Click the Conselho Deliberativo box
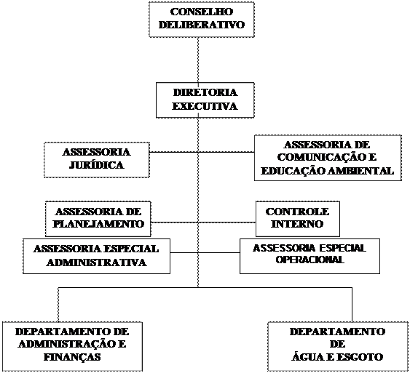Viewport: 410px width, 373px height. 202,20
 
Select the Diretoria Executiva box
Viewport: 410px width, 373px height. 205,100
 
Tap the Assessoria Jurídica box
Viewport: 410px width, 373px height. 97,160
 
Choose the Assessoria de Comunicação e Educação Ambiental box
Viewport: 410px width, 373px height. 328,158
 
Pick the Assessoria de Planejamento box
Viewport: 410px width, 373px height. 98,219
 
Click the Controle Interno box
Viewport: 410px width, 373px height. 298,219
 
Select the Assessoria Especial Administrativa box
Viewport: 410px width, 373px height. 96,256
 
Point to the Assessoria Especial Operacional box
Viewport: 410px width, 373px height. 310,256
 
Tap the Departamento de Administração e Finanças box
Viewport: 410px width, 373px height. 72,346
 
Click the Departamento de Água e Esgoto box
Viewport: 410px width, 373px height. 338,346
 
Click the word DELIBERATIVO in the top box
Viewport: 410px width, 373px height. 202,25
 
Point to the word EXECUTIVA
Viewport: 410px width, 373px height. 205,106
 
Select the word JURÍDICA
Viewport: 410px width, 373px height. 96,165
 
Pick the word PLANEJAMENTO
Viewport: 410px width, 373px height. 98,224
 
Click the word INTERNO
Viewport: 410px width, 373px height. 297,224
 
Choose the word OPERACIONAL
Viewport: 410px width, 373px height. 310,260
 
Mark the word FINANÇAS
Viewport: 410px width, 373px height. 72,357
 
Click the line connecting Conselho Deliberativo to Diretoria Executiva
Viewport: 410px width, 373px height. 198,60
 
